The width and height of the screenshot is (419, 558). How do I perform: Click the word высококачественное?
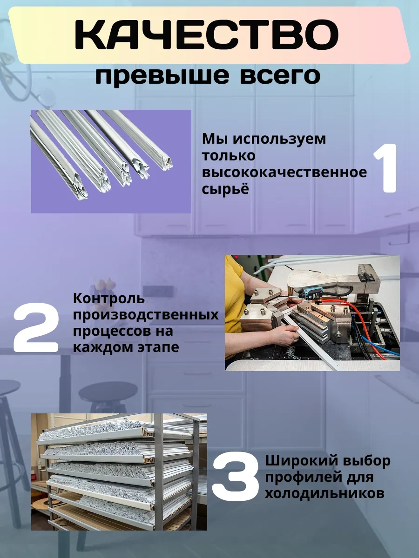[284, 173]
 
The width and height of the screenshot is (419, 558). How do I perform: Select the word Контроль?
[109, 299]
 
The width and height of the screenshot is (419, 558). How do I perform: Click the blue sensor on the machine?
[311, 294]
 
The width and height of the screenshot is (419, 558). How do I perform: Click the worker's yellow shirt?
[233, 292]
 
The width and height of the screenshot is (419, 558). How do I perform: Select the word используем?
[279, 139]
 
